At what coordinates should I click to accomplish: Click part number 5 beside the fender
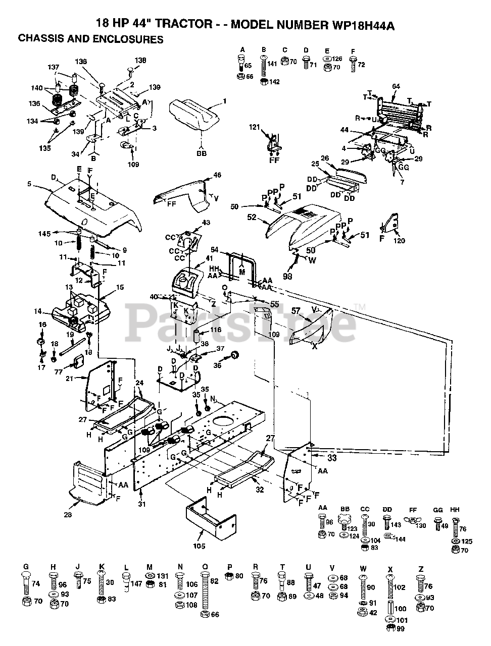(x=30, y=185)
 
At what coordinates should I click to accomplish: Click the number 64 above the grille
(x=396, y=87)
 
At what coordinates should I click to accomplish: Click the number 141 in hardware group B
(x=273, y=64)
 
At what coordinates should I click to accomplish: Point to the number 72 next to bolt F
(x=361, y=65)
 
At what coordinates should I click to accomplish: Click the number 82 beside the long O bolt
(x=214, y=581)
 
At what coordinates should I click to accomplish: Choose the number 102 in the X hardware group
(x=400, y=587)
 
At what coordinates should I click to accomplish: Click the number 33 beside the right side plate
(x=331, y=458)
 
